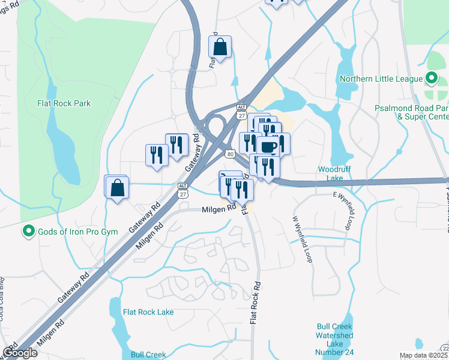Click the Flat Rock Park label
(64, 103)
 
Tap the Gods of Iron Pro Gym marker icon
(28, 231)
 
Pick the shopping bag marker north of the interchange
(220, 46)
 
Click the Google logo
(20, 353)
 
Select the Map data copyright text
(423, 355)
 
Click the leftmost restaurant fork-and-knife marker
(157, 154)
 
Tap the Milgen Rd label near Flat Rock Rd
(218, 209)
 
